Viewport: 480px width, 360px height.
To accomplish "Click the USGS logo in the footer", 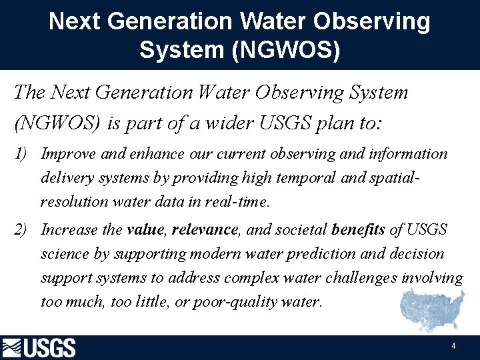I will click(39, 348).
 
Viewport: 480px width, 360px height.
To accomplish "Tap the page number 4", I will click(453, 347).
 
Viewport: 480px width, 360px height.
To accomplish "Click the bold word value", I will click(145, 230).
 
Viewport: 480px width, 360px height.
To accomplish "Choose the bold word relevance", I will click(205, 230).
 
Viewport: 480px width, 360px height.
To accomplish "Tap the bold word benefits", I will click(358, 230).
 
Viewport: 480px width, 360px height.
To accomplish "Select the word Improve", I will click(68, 154).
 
